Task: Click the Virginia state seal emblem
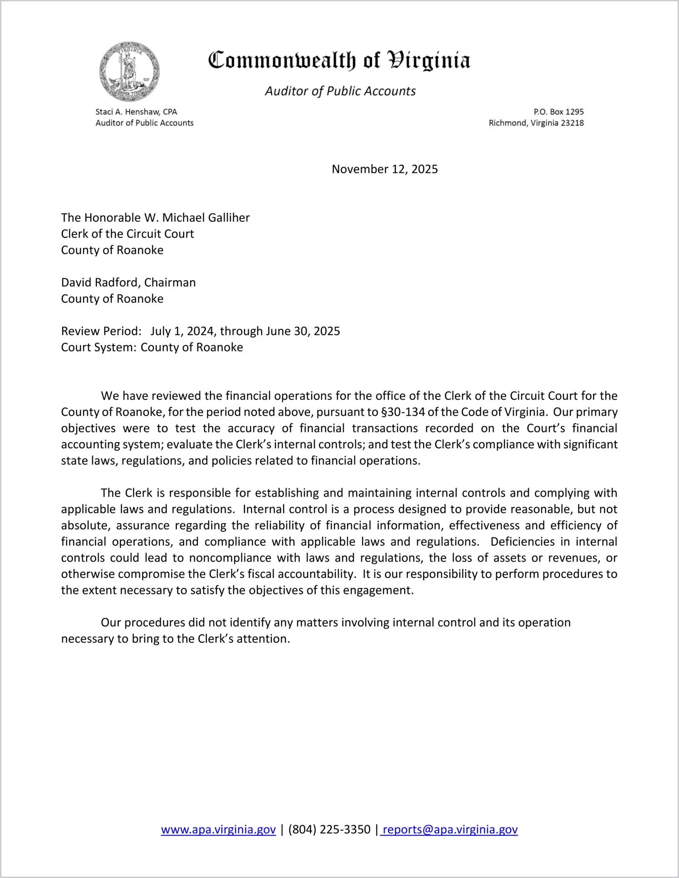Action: pos(130,71)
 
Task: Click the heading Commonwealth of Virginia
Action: pos(339,61)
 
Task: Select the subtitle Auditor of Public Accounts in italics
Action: pos(340,91)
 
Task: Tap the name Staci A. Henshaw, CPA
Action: pos(136,112)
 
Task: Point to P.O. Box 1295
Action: pos(559,112)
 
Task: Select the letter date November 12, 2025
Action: pos(384,169)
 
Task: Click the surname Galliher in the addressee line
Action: pos(228,218)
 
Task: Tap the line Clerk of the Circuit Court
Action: pos(127,234)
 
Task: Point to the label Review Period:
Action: pos(101,331)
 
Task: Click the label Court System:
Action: pos(99,347)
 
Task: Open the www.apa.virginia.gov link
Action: pos(218,829)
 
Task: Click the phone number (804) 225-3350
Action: pos(329,829)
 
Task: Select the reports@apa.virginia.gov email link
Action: pos(450,829)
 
